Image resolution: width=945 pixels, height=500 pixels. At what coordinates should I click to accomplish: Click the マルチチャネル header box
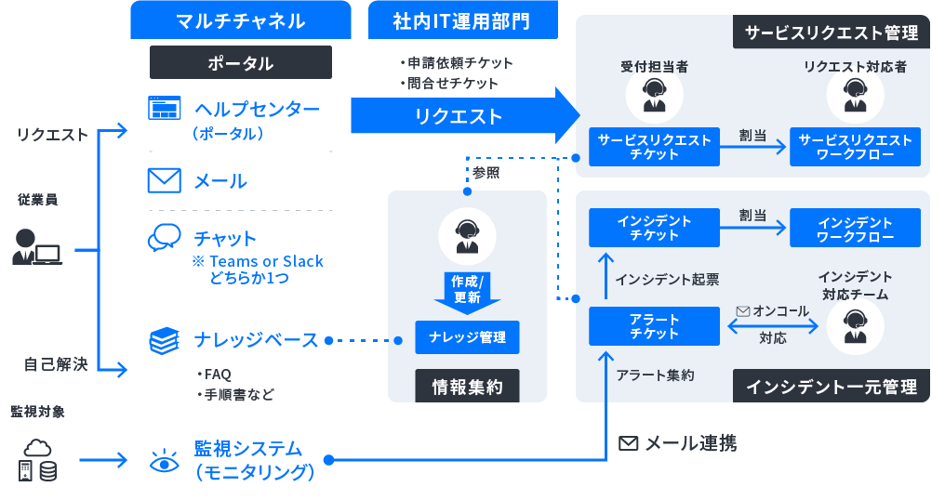click(x=240, y=20)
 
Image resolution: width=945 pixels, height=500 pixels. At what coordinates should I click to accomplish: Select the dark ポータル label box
click(x=240, y=62)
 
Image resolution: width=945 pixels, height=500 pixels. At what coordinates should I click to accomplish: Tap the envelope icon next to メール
click(x=165, y=180)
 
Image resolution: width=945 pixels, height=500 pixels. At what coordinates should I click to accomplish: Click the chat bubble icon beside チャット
click(x=165, y=238)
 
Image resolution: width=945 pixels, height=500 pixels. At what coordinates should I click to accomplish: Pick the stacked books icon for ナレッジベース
click(x=165, y=340)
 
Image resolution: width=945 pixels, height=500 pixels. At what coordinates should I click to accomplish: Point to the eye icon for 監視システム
click(x=165, y=460)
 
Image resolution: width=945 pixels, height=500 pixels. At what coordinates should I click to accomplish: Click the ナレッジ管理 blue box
click(x=467, y=337)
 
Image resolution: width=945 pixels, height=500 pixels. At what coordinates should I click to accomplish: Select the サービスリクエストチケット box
click(x=654, y=147)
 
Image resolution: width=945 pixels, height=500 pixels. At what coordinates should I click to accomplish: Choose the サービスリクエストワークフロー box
click(x=855, y=147)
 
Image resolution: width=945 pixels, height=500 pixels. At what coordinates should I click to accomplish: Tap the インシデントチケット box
click(x=654, y=229)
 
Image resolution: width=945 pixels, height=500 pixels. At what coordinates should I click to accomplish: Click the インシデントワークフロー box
click(x=855, y=229)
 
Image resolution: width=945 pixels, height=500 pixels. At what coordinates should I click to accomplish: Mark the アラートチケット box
click(x=654, y=326)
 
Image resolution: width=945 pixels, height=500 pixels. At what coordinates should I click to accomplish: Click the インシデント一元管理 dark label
click(x=831, y=386)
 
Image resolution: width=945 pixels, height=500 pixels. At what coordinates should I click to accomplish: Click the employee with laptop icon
click(x=36, y=247)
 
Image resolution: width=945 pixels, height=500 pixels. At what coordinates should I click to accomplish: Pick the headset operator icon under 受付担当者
click(x=654, y=94)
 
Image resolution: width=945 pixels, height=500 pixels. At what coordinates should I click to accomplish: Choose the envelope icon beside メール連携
click(x=629, y=444)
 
